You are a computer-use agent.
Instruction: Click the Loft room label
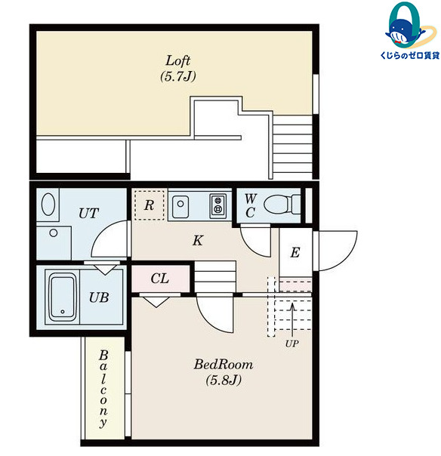[x=177, y=60]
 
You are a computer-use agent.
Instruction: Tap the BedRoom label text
[x=224, y=365]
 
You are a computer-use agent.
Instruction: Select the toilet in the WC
[x=282, y=204]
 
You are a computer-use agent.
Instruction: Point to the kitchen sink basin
[x=180, y=207]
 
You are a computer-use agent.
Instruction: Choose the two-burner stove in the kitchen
[x=217, y=206]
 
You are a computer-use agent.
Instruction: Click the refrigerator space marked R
[x=150, y=205]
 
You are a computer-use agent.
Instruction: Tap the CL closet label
[x=159, y=279]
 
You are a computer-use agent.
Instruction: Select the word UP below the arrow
[x=291, y=344]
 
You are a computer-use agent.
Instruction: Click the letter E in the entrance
[x=295, y=252]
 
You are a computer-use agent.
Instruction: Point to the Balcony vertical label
[x=103, y=389]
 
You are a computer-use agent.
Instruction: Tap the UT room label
[x=88, y=213]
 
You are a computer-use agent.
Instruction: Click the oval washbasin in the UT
[x=48, y=204]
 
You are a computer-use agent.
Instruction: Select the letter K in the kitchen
[x=198, y=241]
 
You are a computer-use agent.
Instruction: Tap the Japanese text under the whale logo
[x=410, y=55]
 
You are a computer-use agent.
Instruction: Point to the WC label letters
[x=250, y=206]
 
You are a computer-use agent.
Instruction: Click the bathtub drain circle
[x=63, y=312]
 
